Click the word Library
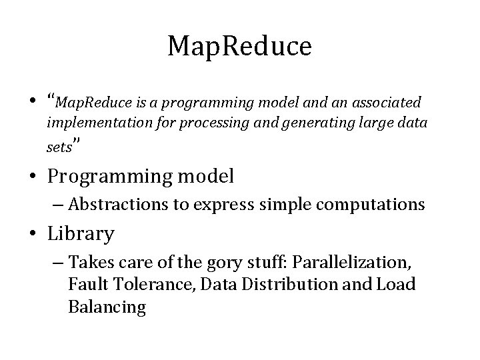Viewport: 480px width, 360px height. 81,235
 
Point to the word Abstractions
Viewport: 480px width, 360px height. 119,205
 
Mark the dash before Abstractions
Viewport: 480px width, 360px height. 59,205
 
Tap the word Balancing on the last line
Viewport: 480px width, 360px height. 107,307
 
